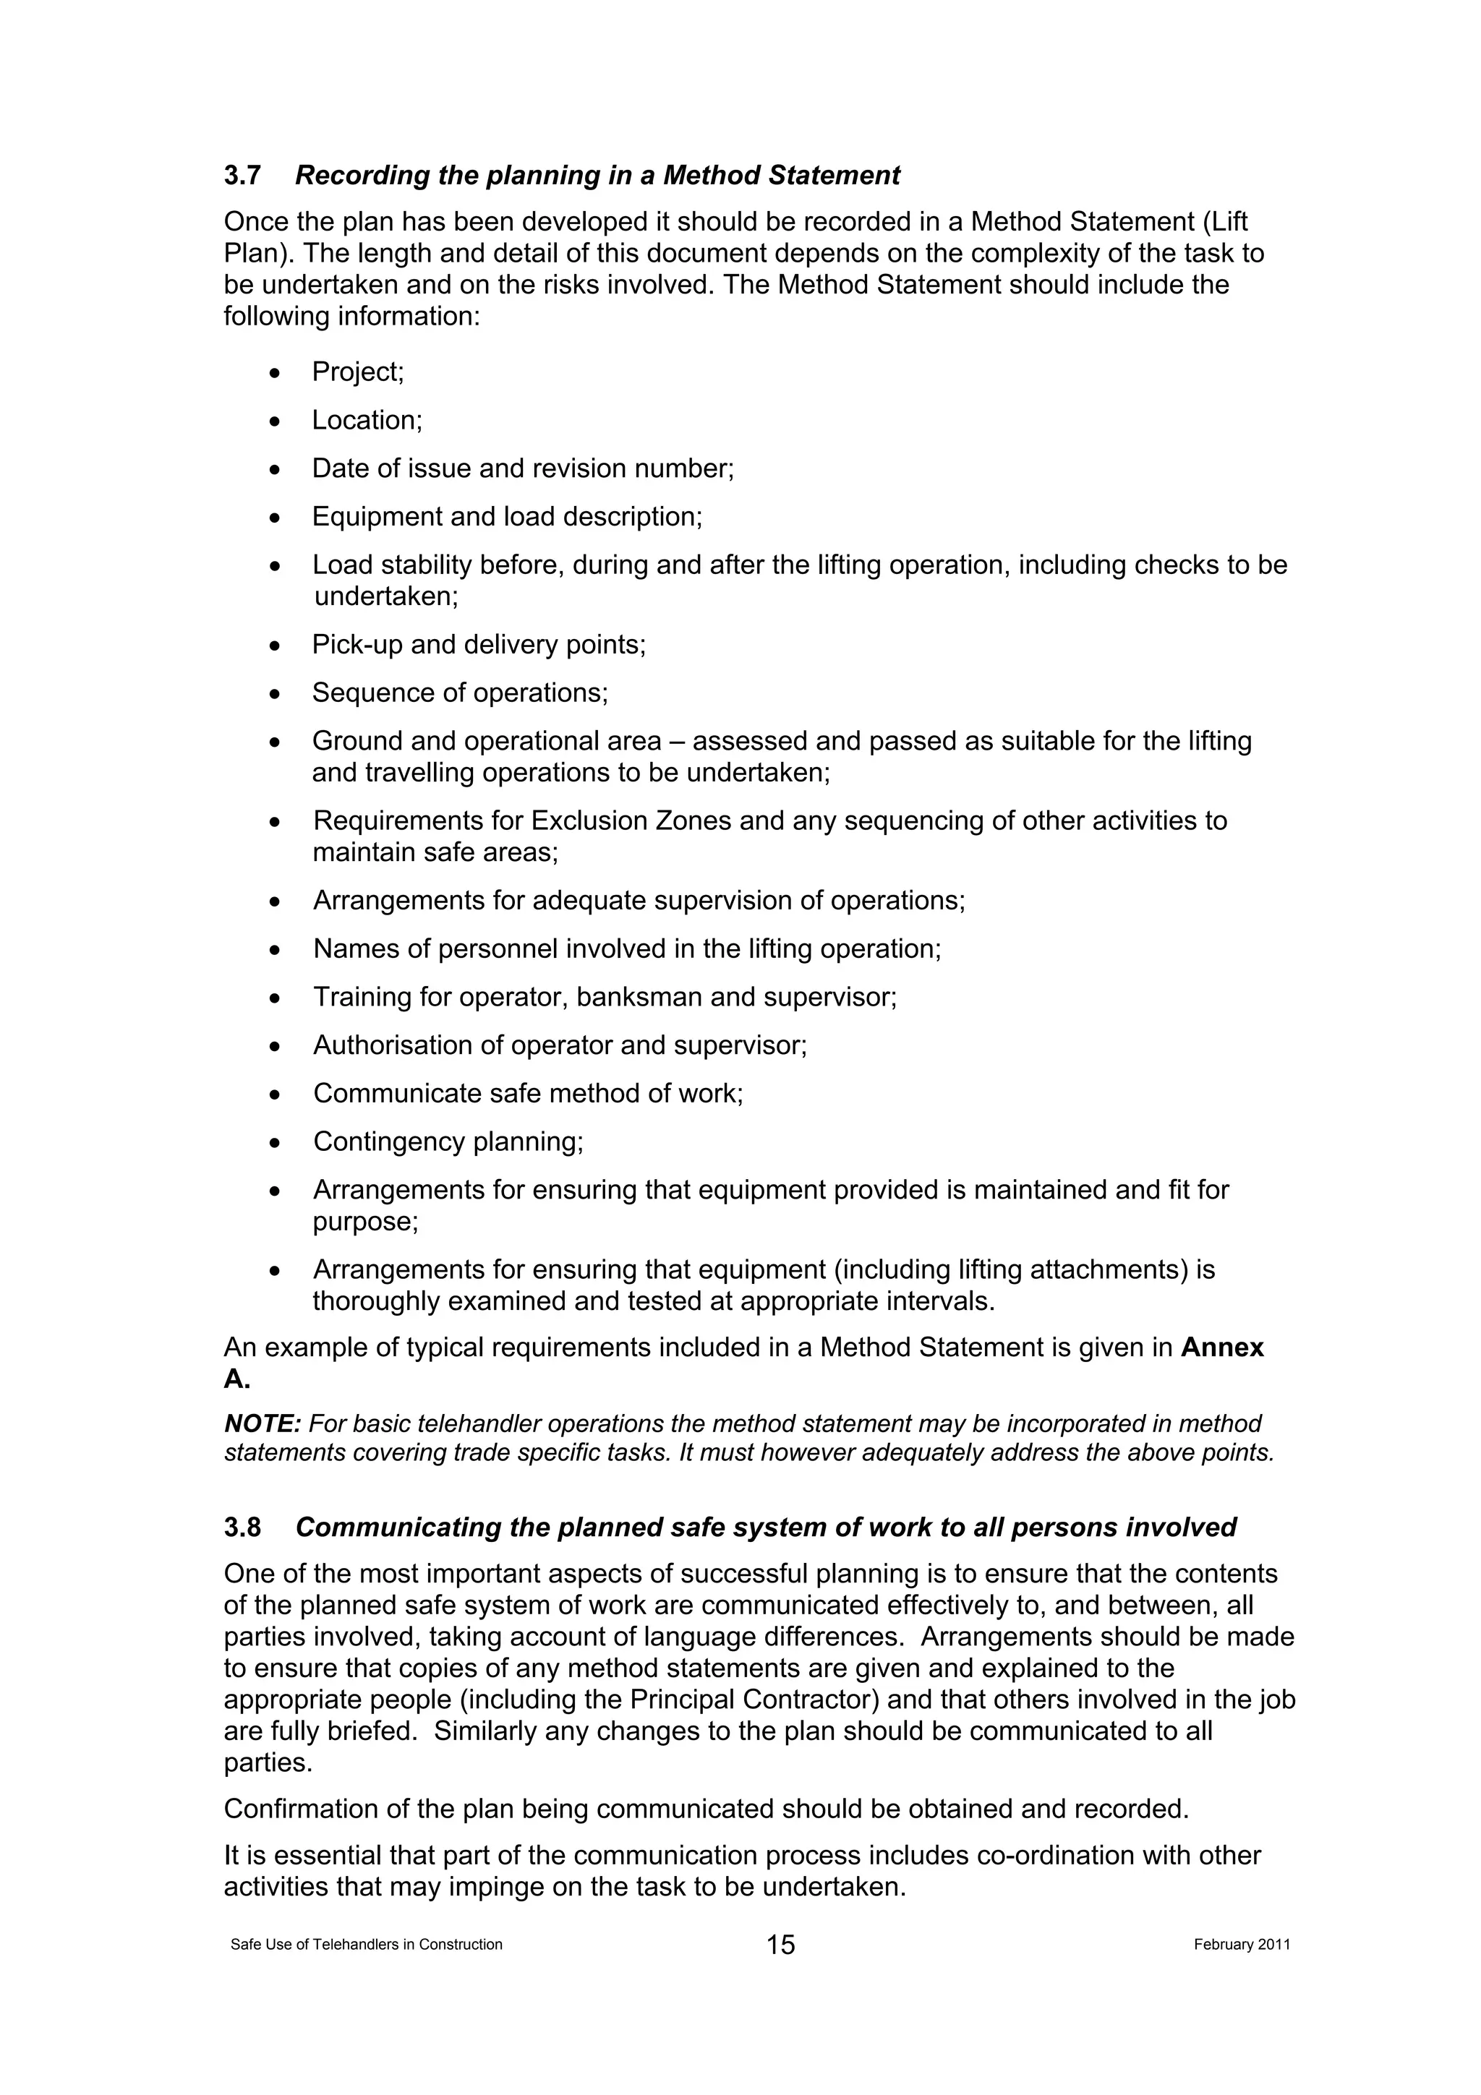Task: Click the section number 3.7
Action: point(243,175)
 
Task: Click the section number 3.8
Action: point(243,1528)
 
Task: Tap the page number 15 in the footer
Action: point(780,1945)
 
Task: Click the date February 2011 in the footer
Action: point(1241,1945)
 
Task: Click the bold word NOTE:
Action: point(262,1424)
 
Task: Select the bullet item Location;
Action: point(367,421)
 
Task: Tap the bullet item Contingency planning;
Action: point(448,1141)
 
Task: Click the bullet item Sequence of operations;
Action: point(460,693)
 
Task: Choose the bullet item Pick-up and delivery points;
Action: point(479,644)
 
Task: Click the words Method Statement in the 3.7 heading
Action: point(781,175)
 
